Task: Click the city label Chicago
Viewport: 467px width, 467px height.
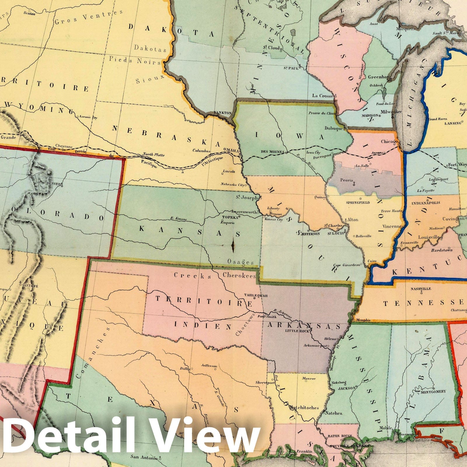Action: (x=389, y=142)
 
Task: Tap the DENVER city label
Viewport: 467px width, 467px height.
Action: (x=53, y=184)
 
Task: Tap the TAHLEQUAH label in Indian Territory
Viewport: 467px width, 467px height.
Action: (x=256, y=295)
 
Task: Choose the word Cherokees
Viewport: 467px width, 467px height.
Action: (x=239, y=275)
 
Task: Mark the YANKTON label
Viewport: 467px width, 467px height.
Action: (x=222, y=113)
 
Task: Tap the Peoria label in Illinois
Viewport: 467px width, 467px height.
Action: (x=347, y=180)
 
